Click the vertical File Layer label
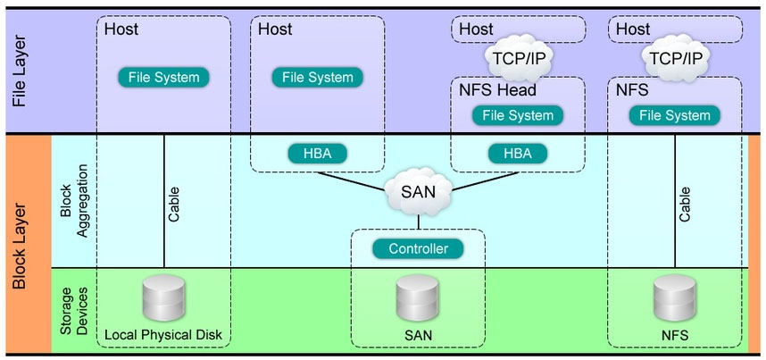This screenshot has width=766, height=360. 21,71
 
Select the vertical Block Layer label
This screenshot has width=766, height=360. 21,244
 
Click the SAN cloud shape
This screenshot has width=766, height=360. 417,189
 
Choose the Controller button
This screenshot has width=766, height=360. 418,248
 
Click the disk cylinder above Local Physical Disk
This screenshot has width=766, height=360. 163,299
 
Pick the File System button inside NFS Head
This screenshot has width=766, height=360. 518,115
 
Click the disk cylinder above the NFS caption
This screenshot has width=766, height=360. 674,299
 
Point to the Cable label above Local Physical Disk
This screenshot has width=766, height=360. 174,204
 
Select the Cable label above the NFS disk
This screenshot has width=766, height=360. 685,204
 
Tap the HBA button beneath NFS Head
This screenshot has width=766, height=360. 517,153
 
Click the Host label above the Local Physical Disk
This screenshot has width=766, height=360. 121,29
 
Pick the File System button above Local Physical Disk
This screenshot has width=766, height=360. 163,78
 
